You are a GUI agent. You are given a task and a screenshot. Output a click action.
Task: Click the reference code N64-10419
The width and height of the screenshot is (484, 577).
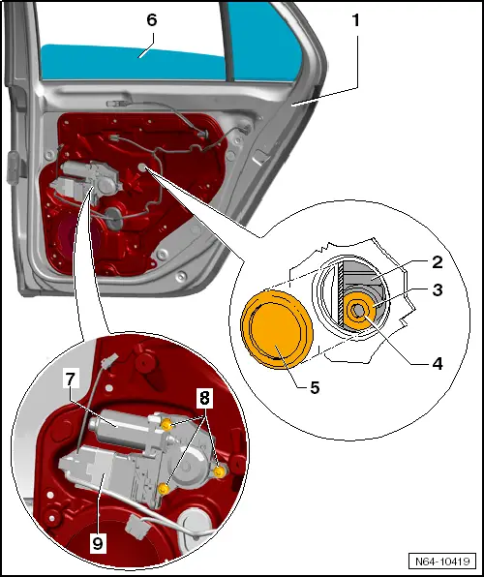441,561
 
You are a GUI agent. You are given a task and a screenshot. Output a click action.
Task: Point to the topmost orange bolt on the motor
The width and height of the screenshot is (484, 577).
168,426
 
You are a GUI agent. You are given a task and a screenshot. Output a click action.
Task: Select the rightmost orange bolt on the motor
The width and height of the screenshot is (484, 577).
220,471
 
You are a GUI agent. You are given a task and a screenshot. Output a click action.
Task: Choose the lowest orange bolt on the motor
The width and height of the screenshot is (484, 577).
164,490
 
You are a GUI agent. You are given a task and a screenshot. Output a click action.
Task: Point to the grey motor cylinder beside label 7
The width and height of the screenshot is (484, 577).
117,418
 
